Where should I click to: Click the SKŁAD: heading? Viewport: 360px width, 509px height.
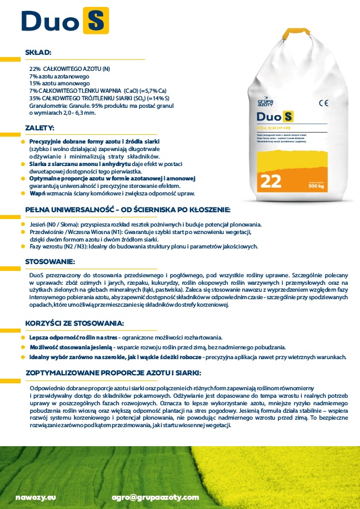pyautogui.click(x=39, y=52)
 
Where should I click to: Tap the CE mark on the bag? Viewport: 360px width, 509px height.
pyautogui.click(x=323, y=104)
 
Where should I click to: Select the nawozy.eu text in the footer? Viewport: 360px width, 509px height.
pyautogui.click(x=36, y=497)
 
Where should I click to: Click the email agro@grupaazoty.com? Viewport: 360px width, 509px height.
pyautogui.click(x=156, y=497)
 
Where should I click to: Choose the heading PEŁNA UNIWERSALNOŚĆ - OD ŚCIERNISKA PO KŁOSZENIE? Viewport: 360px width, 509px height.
pyautogui.click(x=128, y=209)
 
